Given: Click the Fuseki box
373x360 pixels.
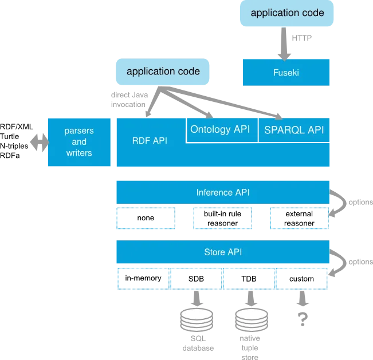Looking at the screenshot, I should [284, 73].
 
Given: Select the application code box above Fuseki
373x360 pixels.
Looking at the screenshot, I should [286, 13].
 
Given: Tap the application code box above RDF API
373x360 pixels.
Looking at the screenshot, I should [163, 72].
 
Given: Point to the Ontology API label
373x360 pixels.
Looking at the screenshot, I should [220, 129].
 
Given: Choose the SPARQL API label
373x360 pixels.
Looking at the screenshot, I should [293, 130].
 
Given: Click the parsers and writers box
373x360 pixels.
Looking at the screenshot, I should [79, 141].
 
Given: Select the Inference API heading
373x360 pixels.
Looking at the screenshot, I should [222, 192].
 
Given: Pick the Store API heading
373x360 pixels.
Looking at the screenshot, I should [222, 252].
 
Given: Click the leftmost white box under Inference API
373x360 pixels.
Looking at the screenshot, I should [146, 219].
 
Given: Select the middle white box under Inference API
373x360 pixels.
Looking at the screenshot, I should [222, 218].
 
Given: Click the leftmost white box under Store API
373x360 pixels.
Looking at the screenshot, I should [142, 279].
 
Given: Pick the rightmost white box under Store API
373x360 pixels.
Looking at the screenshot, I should [303, 279].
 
